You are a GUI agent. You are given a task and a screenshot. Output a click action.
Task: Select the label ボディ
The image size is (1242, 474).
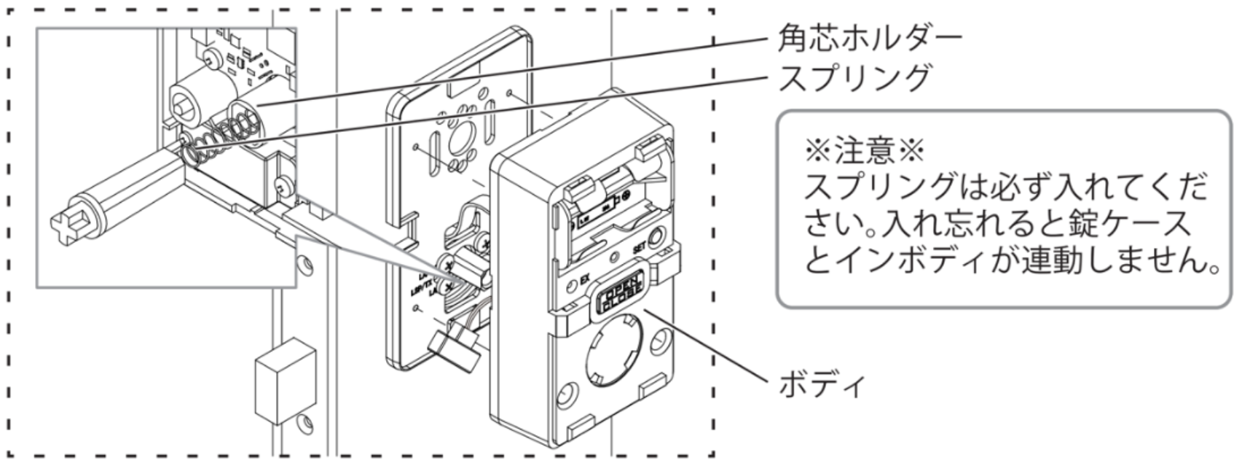(822, 384)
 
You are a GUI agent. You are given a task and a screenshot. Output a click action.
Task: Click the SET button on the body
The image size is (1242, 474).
(656, 237)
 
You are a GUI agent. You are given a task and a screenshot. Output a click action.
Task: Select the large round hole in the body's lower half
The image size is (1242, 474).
(610, 348)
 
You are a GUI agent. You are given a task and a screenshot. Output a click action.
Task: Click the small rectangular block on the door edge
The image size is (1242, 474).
(286, 379)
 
